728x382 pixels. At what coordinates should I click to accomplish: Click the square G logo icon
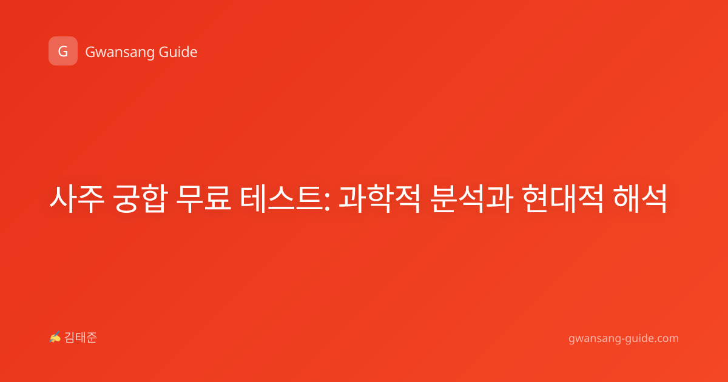63,51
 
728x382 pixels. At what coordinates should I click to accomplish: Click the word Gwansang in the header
120,53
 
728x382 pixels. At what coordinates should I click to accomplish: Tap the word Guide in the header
178,52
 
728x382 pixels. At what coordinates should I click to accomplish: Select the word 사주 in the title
77,199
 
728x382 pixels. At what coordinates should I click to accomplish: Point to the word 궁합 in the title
140,199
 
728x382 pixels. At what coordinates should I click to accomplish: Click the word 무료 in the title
203,199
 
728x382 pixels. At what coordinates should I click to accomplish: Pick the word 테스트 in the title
281,199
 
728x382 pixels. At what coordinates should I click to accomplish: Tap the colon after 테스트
327,201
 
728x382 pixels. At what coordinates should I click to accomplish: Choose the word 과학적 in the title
380,199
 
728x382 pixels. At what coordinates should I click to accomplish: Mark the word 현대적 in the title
563,199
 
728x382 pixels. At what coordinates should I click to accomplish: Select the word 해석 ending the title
640,199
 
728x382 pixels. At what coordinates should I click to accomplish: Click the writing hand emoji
55,337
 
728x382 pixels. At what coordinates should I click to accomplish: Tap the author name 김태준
80,338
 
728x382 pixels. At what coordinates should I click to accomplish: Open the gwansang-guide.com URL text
624,338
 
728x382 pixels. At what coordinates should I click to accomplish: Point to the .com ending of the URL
666,338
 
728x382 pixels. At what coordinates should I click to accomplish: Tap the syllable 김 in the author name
70,338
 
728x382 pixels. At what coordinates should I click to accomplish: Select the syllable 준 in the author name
92,338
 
